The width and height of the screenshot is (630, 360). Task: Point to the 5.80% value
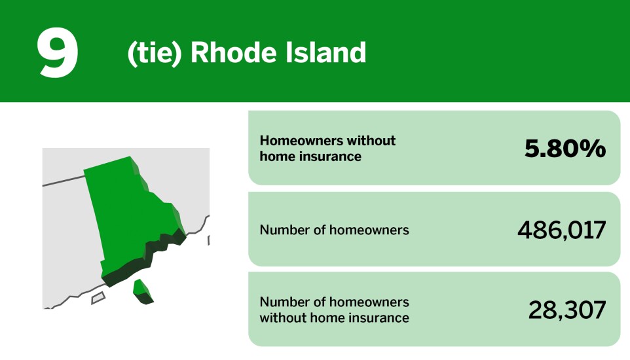coord(565,149)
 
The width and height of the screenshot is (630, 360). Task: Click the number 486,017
coord(561,230)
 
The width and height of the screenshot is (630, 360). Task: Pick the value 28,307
coord(566,310)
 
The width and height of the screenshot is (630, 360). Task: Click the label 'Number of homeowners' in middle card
coord(334,230)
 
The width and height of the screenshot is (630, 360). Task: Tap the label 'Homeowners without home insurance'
coord(327,149)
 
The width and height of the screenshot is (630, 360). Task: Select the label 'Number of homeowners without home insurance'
coord(334,310)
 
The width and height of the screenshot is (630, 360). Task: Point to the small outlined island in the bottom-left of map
coord(98,298)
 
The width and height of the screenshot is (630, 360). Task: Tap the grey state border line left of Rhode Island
coord(62,181)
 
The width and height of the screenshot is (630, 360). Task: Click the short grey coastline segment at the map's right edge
coord(208,240)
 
